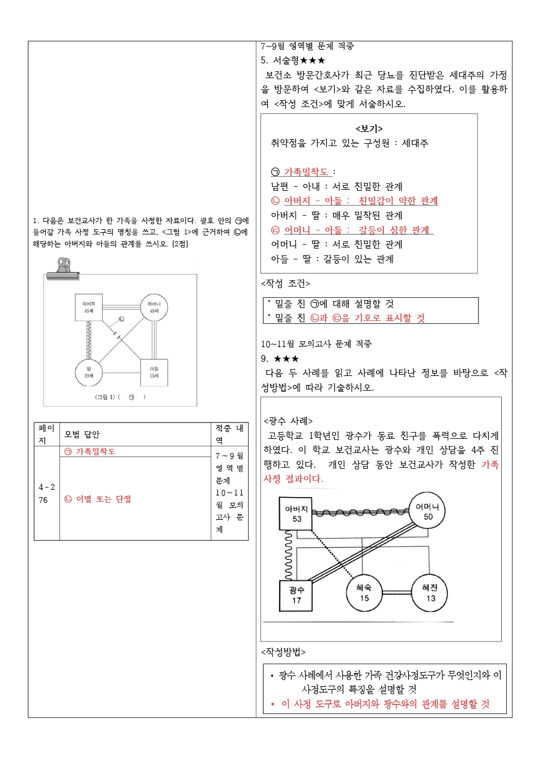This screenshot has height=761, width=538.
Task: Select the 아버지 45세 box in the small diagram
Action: tap(89, 307)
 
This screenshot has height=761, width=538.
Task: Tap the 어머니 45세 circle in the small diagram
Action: tap(154, 307)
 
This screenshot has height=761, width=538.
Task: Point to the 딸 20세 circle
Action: tap(89, 372)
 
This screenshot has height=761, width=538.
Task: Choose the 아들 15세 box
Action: tap(154, 372)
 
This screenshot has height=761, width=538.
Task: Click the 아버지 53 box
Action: tap(296, 514)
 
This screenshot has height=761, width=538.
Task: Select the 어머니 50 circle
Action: tap(428, 512)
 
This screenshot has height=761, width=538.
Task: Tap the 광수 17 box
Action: tap(296, 595)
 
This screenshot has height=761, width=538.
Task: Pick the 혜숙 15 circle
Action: tap(364, 593)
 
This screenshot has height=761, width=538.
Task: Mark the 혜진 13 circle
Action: tap(430, 593)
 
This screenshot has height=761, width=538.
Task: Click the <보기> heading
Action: tap(369, 129)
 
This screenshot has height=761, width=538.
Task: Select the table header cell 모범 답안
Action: tap(82, 434)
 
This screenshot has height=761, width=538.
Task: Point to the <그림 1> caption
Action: tap(120, 397)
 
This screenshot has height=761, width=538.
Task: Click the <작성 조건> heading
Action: tap(285, 283)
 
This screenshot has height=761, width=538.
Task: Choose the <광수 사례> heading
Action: tap(288, 421)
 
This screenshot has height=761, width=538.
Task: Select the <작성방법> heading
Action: tap(283, 652)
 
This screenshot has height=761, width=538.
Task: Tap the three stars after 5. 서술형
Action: tap(313, 61)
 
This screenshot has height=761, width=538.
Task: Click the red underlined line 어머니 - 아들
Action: tap(351, 230)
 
